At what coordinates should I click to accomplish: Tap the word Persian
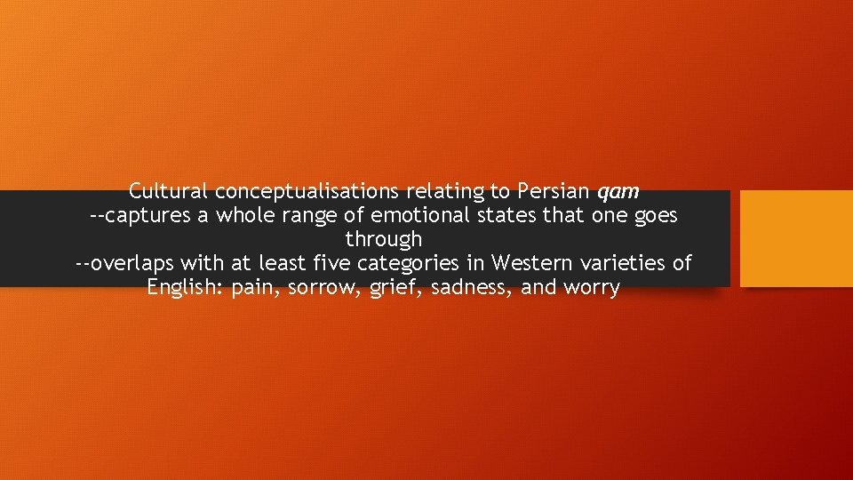553,191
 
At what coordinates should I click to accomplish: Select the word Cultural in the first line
168,191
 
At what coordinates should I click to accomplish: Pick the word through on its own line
384,240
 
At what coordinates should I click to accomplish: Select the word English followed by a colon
186,287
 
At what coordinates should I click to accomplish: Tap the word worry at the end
591,288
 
